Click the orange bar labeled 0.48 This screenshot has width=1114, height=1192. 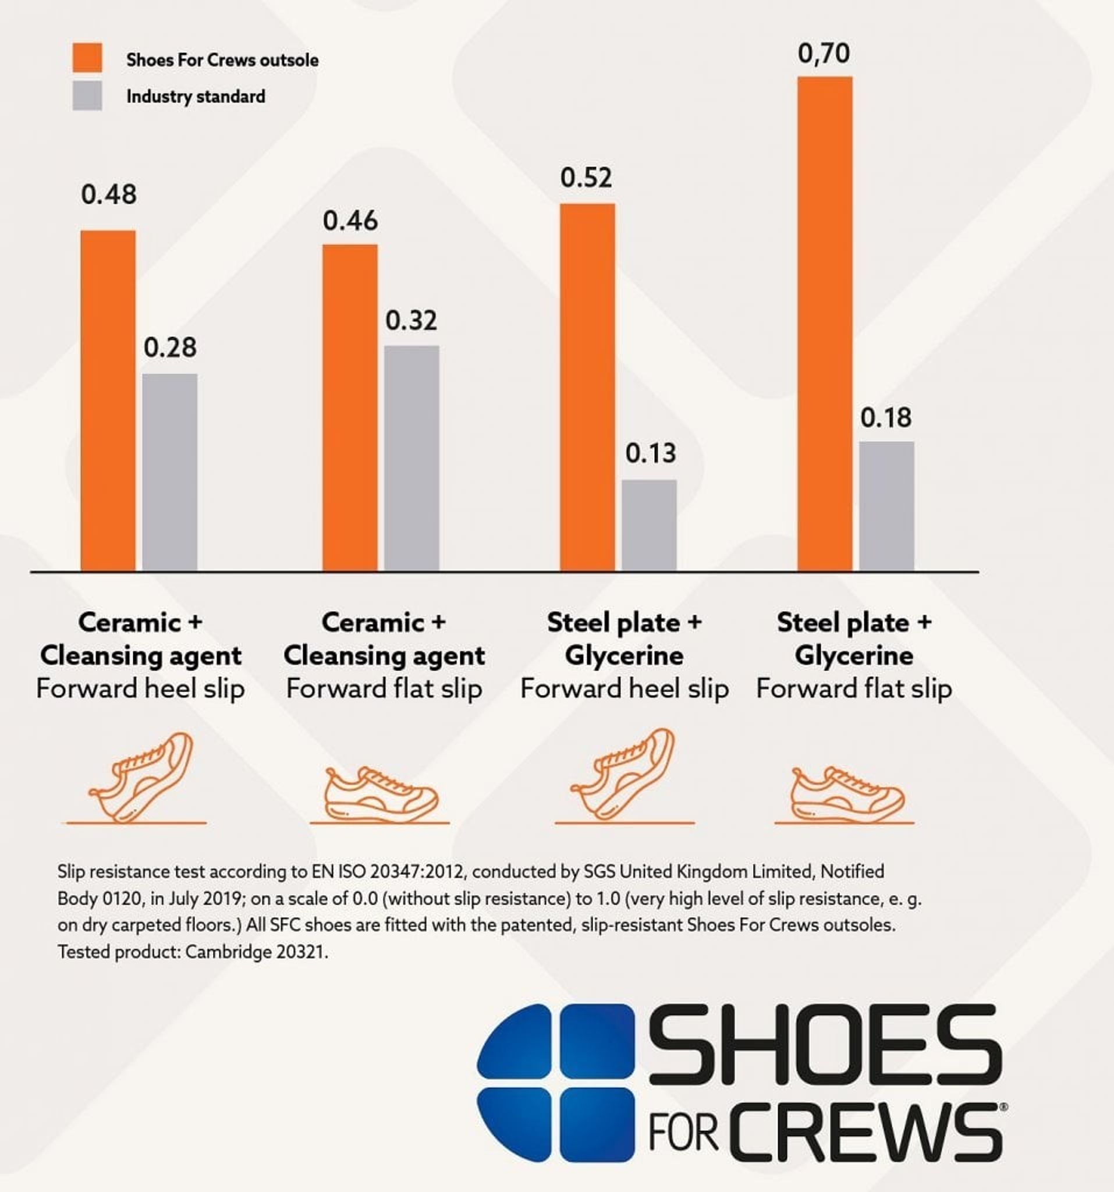click(108, 400)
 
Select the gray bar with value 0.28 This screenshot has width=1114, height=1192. click(170, 472)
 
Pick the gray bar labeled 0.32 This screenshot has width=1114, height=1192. click(412, 457)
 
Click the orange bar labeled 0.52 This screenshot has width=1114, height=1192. click(588, 386)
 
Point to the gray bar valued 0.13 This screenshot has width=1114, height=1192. click(650, 524)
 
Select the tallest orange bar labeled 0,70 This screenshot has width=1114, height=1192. click(825, 323)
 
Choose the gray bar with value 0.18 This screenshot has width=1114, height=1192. click(887, 505)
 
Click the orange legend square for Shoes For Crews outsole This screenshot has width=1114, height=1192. click(87, 58)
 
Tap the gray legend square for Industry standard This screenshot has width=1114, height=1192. click(87, 96)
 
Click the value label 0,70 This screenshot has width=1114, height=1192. click(824, 54)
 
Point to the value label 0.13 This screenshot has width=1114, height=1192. click(651, 454)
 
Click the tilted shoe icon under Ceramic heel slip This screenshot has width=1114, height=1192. click(141, 776)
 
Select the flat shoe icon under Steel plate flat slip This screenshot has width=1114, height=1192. click(847, 794)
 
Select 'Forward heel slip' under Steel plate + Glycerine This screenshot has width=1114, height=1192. click(624, 689)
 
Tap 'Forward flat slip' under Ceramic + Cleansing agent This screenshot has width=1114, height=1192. click(384, 689)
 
